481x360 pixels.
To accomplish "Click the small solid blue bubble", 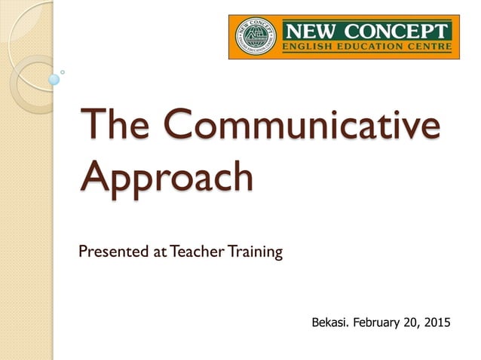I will coord(54,79).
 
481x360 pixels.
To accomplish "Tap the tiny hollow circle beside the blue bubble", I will coord(63,72).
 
